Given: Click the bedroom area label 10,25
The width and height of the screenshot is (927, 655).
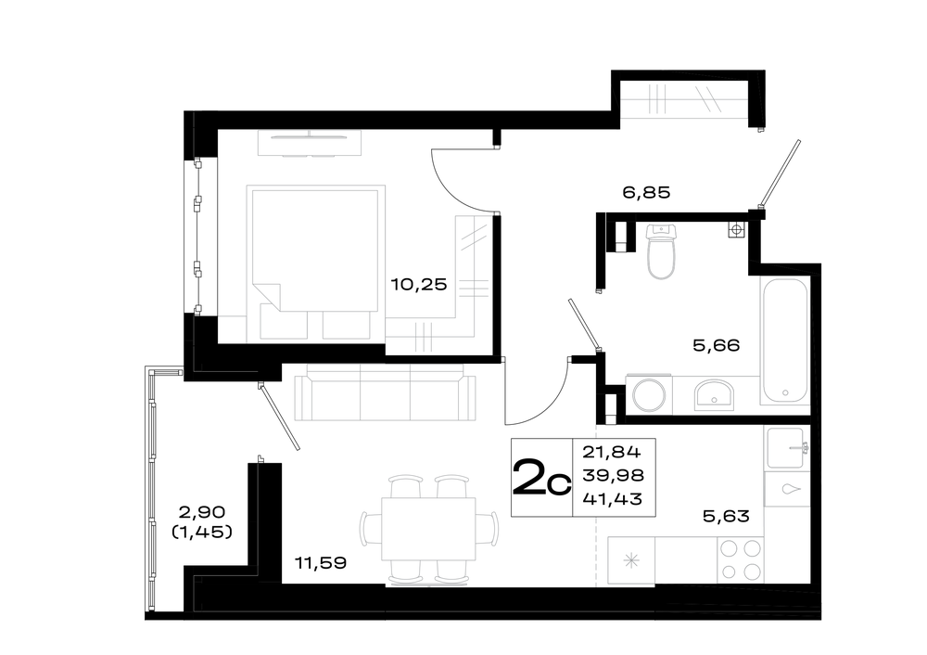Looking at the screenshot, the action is pyautogui.click(x=419, y=285).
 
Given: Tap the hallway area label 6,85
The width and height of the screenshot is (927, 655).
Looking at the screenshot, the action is pyautogui.click(x=646, y=192).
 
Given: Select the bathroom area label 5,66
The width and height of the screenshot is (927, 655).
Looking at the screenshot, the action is pyautogui.click(x=716, y=345).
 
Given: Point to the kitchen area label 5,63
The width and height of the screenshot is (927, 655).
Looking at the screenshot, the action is pyautogui.click(x=726, y=516).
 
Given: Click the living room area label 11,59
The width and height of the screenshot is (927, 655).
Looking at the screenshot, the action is pyautogui.click(x=321, y=562).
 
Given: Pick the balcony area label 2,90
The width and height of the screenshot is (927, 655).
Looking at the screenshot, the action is pyautogui.click(x=201, y=511).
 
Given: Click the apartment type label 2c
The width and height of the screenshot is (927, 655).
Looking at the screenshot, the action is pyautogui.click(x=541, y=478).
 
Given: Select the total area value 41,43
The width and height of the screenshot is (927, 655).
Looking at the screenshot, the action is pyautogui.click(x=613, y=499).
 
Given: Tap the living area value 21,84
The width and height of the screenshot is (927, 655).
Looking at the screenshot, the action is pyautogui.click(x=611, y=453).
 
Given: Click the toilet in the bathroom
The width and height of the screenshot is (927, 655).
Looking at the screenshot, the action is pyautogui.click(x=660, y=251).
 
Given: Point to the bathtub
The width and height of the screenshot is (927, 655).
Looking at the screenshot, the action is pyautogui.click(x=784, y=341).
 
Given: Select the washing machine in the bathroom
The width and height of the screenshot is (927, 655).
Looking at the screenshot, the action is pyautogui.click(x=649, y=394).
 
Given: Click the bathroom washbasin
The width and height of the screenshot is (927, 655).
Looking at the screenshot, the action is pyautogui.click(x=714, y=395).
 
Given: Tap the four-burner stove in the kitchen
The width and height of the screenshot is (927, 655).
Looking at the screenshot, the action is pyautogui.click(x=740, y=560).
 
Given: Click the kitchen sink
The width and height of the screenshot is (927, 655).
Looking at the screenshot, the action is pyautogui.click(x=786, y=448).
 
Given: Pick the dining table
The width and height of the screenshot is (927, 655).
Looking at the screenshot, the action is pyautogui.click(x=428, y=529).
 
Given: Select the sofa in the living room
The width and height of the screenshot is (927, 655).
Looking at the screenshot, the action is pyautogui.click(x=385, y=392).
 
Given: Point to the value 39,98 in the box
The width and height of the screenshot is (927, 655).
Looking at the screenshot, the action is pyautogui.click(x=613, y=476).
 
